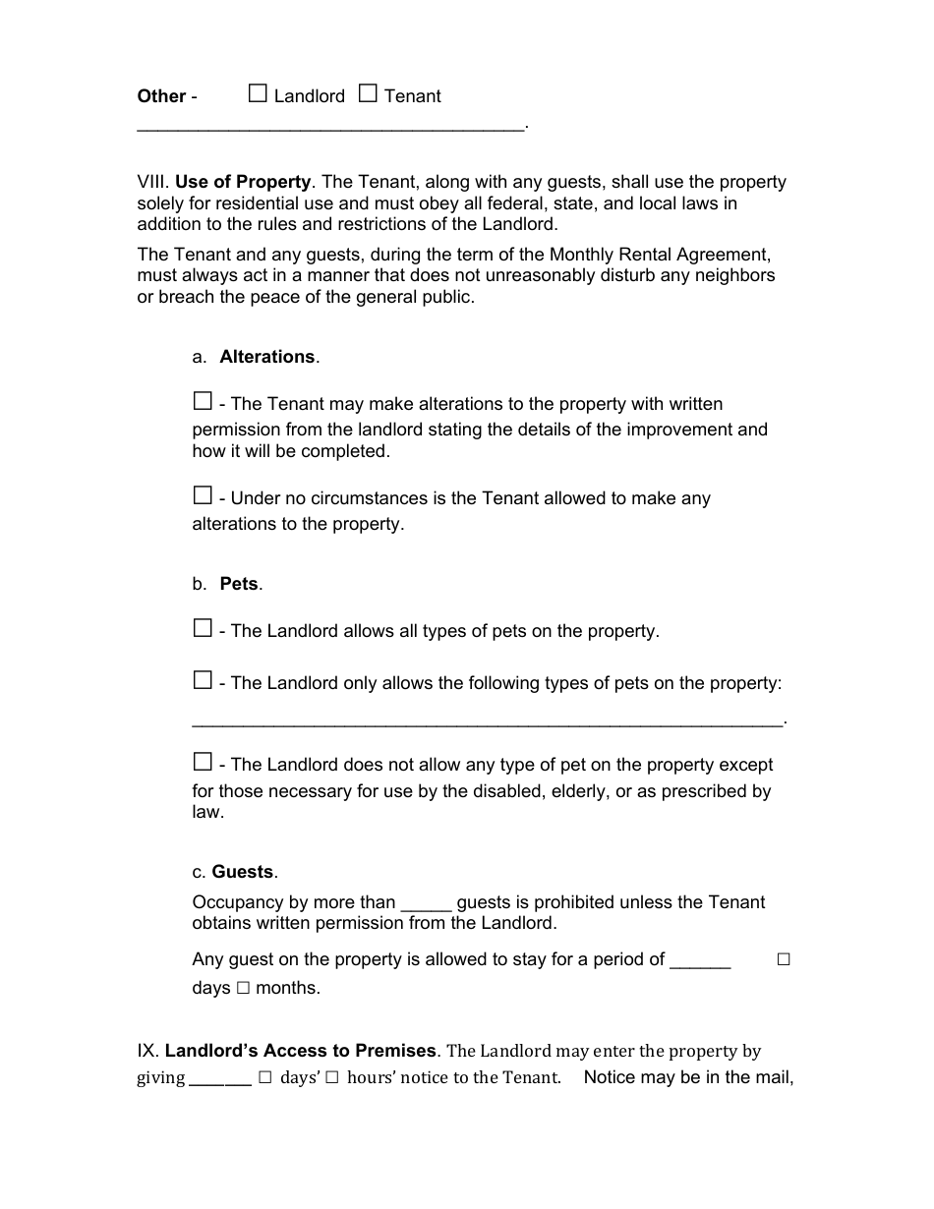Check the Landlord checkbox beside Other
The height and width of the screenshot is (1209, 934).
(x=258, y=94)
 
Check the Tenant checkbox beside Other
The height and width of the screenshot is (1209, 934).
(x=368, y=94)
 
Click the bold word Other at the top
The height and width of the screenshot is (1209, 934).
(x=161, y=96)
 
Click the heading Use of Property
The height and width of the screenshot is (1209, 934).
(x=243, y=182)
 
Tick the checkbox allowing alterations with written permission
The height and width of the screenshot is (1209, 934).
(x=203, y=402)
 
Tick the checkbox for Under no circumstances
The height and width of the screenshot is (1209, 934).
(x=203, y=496)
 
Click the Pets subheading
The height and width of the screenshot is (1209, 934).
(x=239, y=584)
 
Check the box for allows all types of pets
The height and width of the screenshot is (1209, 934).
(x=203, y=629)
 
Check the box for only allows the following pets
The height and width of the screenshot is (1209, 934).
(x=203, y=681)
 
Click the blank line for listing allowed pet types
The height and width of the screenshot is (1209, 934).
(x=488, y=722)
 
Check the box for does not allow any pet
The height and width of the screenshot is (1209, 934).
(x=203, y=763)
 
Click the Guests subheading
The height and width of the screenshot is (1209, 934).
(x=243, y=872)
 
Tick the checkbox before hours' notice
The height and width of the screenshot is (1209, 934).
(x=331, y=1078)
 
